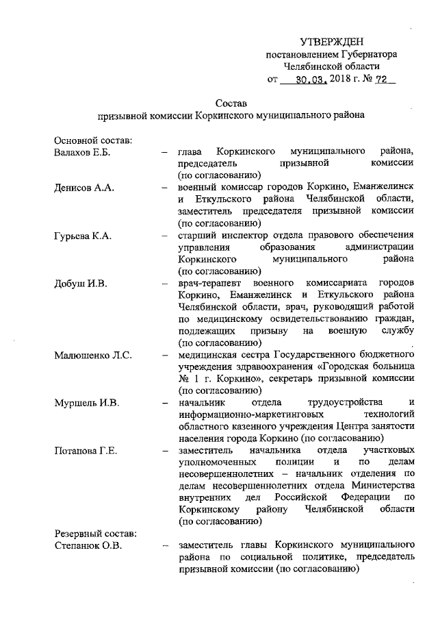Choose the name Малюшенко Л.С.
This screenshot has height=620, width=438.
tap(92, 355)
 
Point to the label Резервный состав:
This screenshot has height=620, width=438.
tap(96, 534)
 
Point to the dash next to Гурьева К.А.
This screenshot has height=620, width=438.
tap(164, 236)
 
